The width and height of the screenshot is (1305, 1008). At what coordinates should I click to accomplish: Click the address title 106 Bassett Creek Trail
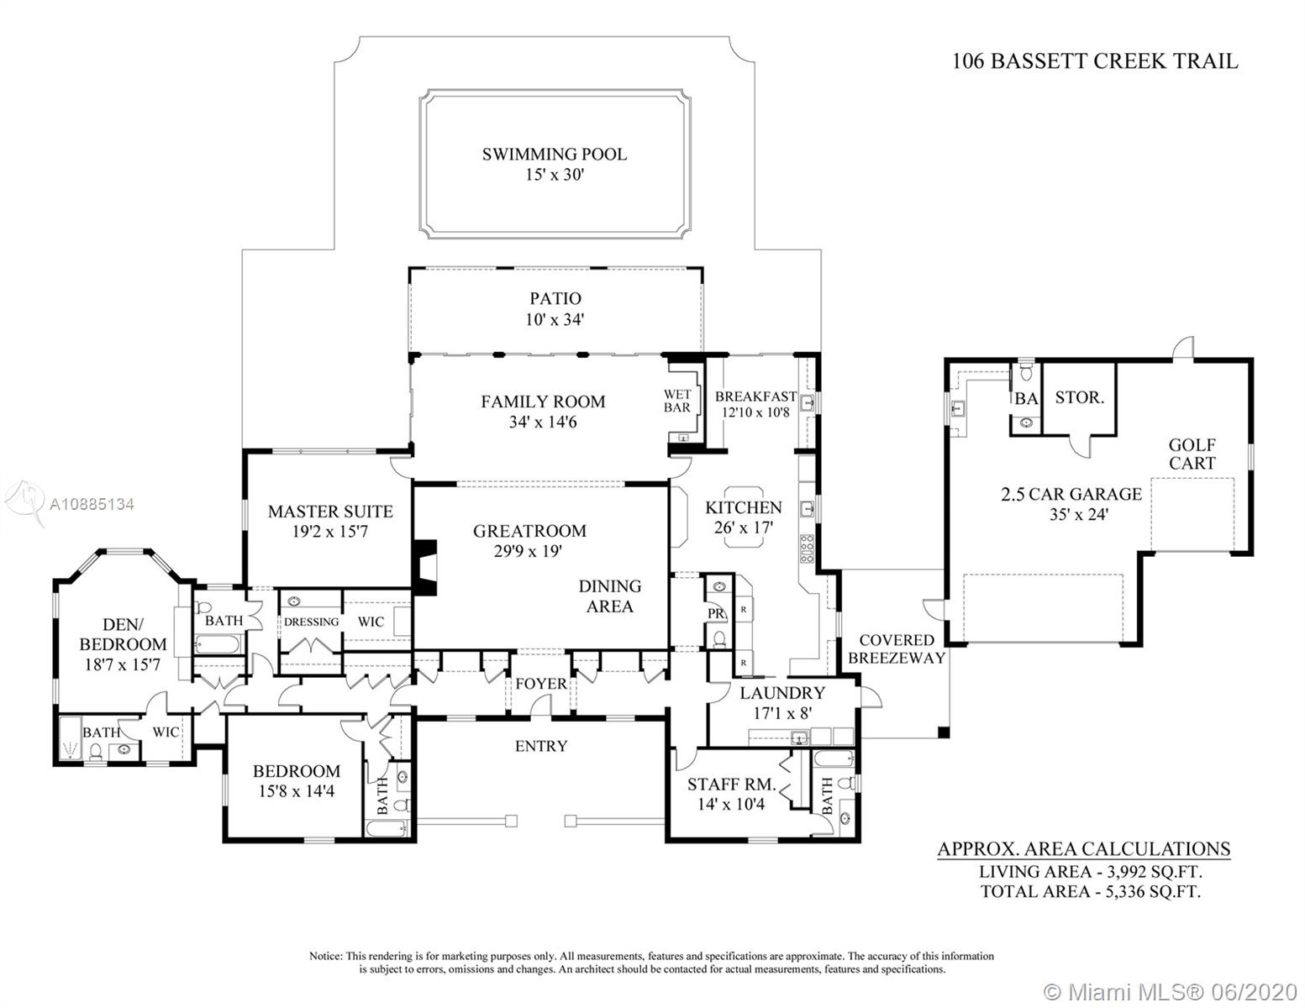[1094, 61]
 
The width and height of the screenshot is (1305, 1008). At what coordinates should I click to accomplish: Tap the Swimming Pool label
[554, 155]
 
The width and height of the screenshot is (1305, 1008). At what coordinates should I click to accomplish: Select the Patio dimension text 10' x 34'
[555, 320]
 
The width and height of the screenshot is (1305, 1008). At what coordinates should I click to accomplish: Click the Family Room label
[543, 402]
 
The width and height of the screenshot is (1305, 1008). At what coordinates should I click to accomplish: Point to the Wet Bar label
[677, 401]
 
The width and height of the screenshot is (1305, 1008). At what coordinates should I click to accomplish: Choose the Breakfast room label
[755, 396]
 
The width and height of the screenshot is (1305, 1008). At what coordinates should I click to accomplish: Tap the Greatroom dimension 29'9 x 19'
[529, 551]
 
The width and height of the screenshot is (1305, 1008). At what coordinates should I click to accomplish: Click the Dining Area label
[609, 596]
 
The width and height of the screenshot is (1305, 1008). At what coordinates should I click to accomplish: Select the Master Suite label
[330, 511]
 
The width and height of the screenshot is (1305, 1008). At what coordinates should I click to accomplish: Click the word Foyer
[540, 684]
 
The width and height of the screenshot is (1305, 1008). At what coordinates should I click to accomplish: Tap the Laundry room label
[781, 693]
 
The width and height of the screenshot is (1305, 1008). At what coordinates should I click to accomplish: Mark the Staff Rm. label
[730, 785]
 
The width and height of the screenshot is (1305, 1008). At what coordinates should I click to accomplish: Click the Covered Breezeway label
[897, 648]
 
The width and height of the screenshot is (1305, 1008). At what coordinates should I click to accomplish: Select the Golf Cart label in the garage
[1192, 454]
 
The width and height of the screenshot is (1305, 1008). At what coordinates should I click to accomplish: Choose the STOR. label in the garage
[1079, 397]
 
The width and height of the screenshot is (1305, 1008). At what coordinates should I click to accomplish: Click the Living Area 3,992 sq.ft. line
[1090, 872]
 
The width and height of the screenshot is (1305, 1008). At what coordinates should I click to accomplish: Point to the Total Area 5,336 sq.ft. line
[1090, 891]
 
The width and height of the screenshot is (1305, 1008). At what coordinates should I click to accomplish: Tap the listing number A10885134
[92, 504]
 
